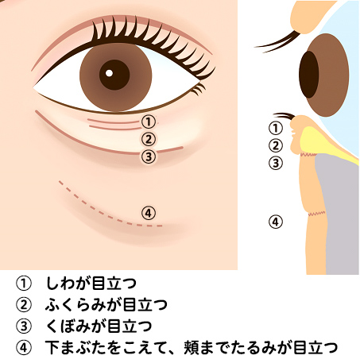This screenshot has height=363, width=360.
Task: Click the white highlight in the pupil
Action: [109, 73]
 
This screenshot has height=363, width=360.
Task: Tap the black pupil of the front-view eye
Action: [114, 75]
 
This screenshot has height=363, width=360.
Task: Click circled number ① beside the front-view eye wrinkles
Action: [148, 122]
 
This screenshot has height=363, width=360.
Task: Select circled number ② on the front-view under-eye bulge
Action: [148, 139]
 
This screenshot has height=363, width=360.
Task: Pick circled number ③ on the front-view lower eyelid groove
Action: [149, 156]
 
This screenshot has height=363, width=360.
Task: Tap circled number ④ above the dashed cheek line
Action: [149, 213]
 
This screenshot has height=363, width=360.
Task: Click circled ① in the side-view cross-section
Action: [276, 128]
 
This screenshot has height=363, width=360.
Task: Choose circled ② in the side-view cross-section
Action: [276, 145]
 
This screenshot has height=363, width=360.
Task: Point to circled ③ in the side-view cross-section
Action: [276, 163]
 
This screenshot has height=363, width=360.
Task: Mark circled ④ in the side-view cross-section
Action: [276, 222]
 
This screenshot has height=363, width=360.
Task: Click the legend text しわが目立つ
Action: [91, 283]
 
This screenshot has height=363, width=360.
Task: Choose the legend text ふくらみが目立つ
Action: [106, 304]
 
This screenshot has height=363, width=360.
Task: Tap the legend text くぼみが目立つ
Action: [99, 326]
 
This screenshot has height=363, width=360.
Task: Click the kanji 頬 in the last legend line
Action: [192, 348]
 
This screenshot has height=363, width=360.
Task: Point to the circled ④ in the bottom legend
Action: [24, 348]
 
